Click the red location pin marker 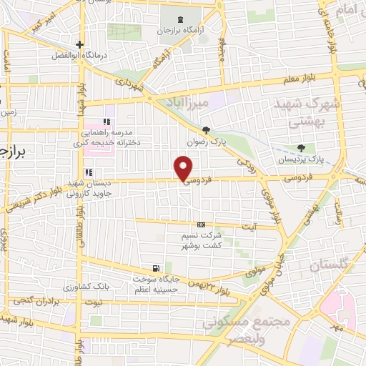point(184,168)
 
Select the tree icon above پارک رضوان point(207,130)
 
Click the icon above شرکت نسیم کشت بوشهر point(201,224)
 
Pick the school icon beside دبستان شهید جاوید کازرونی point(89,172)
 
